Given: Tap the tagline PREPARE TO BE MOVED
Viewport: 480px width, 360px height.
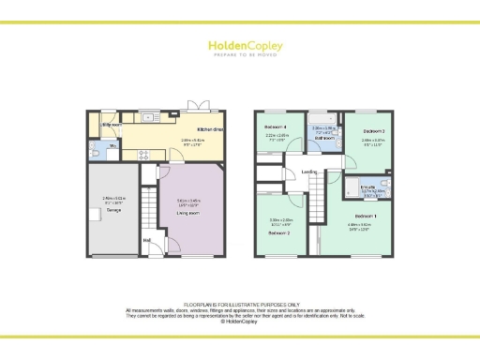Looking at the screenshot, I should (239, 54).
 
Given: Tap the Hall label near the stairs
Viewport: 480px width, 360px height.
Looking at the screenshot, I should (147, 240).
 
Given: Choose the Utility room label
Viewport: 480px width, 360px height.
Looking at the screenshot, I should (112, 124).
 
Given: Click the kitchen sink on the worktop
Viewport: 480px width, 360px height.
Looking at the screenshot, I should (150, 118).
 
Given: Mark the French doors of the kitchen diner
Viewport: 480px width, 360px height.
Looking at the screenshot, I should (199, 107).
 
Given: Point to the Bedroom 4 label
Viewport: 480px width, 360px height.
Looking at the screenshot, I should (274, 127).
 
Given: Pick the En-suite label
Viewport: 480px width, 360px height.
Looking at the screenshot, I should (367, 187).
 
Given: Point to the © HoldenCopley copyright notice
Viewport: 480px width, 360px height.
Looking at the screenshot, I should (240, 322).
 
